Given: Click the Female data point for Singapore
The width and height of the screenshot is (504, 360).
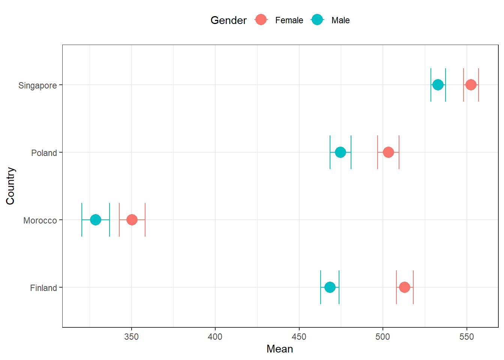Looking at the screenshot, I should [471, 85].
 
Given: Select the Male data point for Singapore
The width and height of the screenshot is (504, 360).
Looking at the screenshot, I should [438, 85].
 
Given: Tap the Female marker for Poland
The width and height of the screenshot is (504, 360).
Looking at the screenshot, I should [388, 152].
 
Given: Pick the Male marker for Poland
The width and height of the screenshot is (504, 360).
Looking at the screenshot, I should [340, 152].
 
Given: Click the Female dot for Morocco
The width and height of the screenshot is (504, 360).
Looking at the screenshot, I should [132, 220].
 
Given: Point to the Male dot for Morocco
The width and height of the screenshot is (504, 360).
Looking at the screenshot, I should [96, 220].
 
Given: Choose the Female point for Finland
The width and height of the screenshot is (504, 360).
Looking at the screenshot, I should [404, 287].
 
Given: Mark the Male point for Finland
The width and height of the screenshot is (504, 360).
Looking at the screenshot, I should [330, 287].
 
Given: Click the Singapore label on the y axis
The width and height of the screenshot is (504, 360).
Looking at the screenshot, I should [37, 85].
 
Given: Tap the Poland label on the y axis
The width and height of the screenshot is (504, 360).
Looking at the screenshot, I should [44, 153].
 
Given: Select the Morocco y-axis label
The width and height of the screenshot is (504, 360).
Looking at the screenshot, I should [40, 220].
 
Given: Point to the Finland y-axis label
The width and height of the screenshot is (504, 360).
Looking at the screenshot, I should [43, 288].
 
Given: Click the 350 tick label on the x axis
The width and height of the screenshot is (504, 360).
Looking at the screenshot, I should [131, 337].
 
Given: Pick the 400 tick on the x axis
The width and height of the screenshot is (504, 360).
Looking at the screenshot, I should [215, 337].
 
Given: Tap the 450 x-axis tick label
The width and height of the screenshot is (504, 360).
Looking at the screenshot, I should [299, 337].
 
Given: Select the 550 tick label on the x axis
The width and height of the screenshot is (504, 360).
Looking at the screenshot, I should [466, 337].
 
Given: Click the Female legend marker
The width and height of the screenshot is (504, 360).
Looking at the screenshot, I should [261, 20].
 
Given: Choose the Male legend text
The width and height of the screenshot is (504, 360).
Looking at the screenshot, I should [340, 20].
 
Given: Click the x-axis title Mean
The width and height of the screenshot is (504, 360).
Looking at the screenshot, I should [280, 349].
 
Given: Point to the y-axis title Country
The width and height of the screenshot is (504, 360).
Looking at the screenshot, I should [10, 186].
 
